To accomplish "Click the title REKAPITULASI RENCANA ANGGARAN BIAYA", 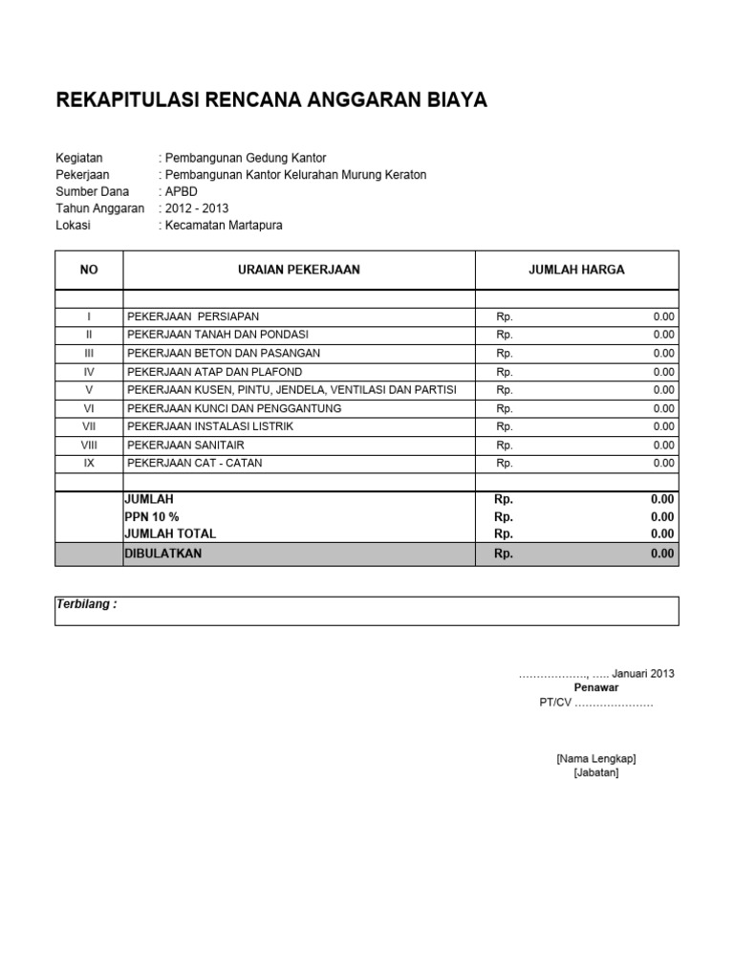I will tap(272, 99).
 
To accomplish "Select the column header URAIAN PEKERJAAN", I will tap(298, 270).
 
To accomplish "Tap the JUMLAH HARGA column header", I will tap(576, 270).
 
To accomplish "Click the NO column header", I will tap(89, 270).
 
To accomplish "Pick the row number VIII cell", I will tap(89, 446).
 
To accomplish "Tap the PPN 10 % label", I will tap(151, 516).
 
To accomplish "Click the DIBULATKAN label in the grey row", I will tap(163, 554).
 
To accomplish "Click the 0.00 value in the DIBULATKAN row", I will tap(662, 554).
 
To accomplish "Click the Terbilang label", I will tap(86, 605).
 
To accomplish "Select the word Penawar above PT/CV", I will tap(596, 687).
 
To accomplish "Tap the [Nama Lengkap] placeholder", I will tap(596, 758).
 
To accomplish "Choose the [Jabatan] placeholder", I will tap(596, 773).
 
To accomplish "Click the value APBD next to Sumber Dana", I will tap(182, 191).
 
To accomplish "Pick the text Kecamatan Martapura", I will tap(224, 226).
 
